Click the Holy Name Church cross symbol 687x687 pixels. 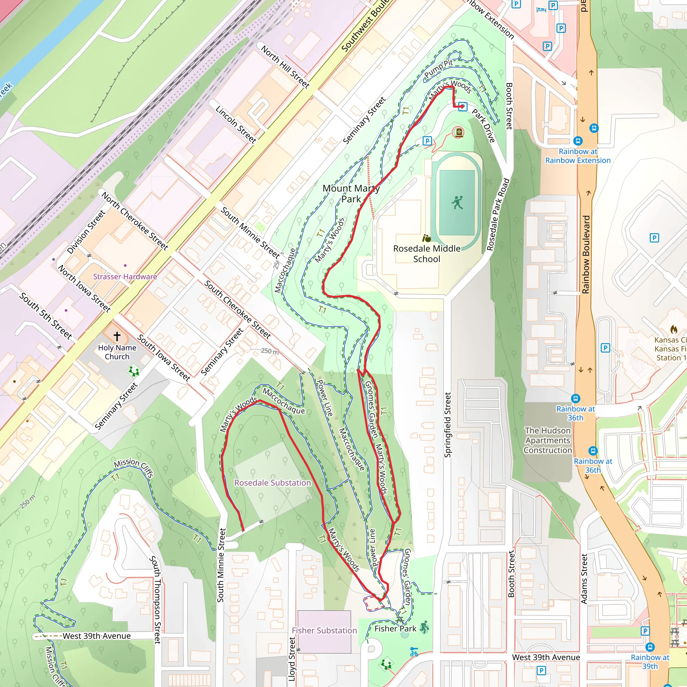pos(117,336)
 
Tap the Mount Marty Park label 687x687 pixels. pos(351,194)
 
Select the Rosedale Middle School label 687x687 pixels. pos(426,254)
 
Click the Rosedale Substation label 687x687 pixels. pos(272,482)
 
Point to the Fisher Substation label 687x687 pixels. pos(324,630)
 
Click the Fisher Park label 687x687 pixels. pos(395,628)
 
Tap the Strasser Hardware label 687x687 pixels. pos(125,277)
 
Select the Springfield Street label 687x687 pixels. pos(448,425)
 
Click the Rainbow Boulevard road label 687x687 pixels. pos(586,254)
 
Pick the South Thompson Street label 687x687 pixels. pos(156,599)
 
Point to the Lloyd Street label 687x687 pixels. pos(292,659)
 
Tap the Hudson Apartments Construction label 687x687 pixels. pos(547,440)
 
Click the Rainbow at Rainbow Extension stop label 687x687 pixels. pos(578,156)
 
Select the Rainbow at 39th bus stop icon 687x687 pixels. pos(650,647)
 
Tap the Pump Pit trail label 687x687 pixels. pos(439,69)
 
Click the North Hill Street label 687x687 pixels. pos(285,66)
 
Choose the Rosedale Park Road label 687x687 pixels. pos(498,214)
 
